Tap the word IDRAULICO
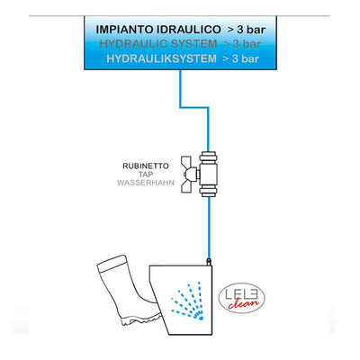tap(189, 30)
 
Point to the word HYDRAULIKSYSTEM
tap(161, 58)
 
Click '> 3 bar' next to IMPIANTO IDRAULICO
tap(247, 30)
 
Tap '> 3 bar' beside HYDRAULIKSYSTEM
tap(240, 58)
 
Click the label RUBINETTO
tap(146, 166)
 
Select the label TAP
tap(146, 175)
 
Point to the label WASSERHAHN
tap(146, 183)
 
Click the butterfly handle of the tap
tap(189, 174)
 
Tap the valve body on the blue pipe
tap(209, 174)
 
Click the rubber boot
tap(128, 291)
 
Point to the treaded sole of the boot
tap(140, 319)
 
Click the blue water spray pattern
tap(187, 301)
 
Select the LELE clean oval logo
tap(242, 298)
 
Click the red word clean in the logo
tap(243, 303)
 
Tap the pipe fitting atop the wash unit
tap(209, 261)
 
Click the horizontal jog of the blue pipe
tap(194, 107)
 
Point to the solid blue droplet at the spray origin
tap(201, 317)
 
